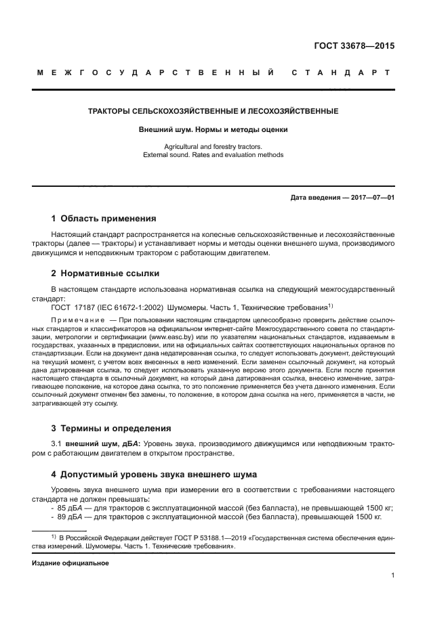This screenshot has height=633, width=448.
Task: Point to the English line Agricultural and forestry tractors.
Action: [x=213, y=146]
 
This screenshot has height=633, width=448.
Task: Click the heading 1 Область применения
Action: [x=104, y=219]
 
